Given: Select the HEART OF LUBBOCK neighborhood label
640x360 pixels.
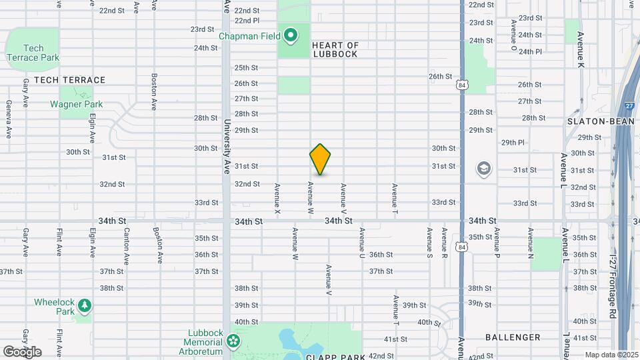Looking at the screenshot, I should pos(335,50).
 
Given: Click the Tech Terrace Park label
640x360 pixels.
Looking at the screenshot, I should pos(33,53).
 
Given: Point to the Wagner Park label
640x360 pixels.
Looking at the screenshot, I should pos(76,104).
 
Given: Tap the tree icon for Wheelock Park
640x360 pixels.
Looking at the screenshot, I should pos(84,305).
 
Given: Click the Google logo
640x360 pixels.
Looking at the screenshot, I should pos(22,352).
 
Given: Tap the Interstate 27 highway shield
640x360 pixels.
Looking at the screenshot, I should pos(629,106).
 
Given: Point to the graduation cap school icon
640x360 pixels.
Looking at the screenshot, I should pos(483,169).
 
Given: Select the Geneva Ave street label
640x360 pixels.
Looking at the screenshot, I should pos(9,119).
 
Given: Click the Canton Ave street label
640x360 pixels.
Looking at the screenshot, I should pos(126,247).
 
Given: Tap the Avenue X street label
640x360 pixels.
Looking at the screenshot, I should pos(277,199).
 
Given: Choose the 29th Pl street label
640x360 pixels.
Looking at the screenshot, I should pos(513,143).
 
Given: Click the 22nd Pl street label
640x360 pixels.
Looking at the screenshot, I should pos(246,21).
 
